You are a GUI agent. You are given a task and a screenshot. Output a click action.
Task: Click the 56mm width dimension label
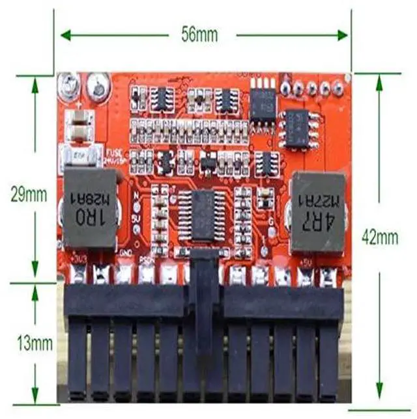200,34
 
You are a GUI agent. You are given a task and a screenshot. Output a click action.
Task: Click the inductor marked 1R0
90,209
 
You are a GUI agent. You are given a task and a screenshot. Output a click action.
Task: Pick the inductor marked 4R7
316,211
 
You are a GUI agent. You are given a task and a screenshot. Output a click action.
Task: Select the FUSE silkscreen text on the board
113,151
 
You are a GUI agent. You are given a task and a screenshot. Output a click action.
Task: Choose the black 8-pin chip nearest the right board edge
297,128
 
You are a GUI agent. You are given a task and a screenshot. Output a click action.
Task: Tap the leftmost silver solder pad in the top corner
67,84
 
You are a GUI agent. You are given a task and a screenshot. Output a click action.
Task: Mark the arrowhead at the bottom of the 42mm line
381,390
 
